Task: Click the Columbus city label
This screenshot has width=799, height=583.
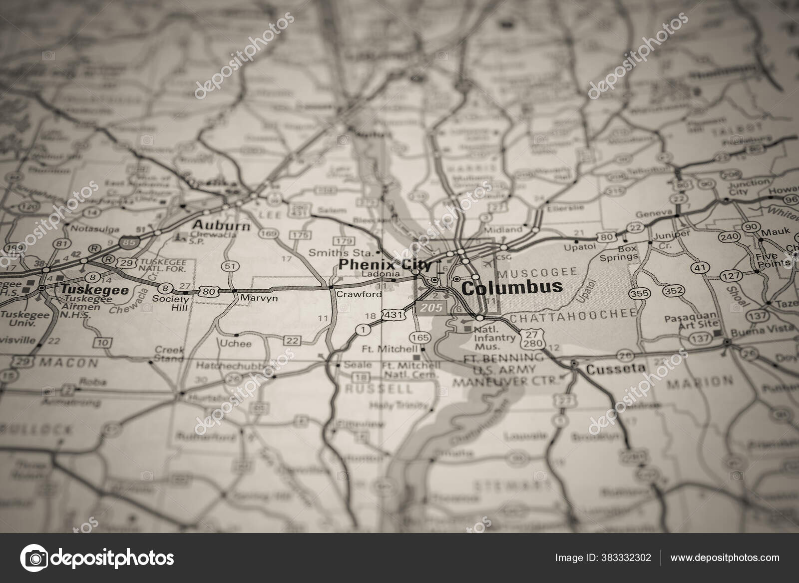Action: [512, 287]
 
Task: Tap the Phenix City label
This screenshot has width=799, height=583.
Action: [385, 264]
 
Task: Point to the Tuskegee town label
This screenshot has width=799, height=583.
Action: [94, 289]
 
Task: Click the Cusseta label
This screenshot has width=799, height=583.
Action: [608, 370]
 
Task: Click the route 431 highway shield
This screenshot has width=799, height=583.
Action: [392, 314]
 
